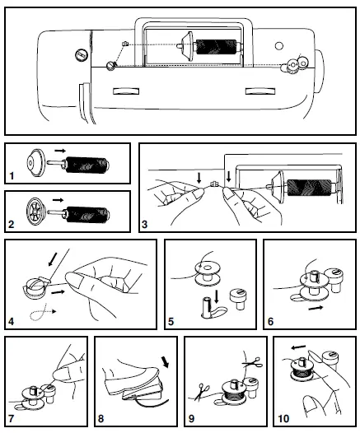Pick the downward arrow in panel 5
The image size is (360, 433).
click(215, 295)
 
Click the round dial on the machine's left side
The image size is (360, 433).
click(81, 54)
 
